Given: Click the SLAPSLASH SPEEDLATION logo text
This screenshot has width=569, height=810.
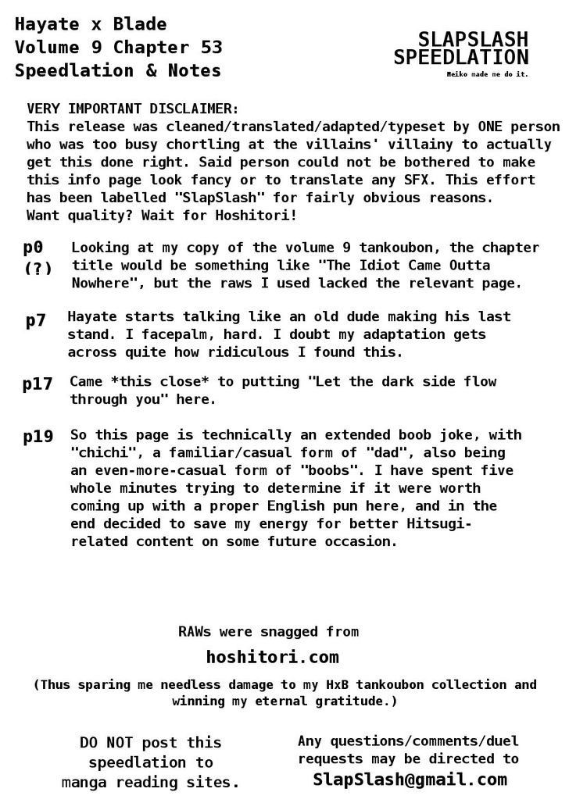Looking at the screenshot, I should [x=461, y=48].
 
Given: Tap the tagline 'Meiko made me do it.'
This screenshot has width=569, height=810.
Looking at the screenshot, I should [x=487, y=74].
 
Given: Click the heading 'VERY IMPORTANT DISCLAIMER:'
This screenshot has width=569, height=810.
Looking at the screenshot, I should [x=133, y=109].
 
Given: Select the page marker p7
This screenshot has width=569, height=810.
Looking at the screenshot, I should [x=36, y=320].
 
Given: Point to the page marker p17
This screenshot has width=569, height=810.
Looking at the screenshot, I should [x=38, y=384].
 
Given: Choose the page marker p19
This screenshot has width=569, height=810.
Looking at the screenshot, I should [x=38, y=437].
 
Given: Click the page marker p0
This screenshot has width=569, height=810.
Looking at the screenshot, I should [x=33, y=248].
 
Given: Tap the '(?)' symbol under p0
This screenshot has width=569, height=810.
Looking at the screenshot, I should [x=38, y=269].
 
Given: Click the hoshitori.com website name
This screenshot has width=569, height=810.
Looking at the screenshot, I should [x=272, y=657].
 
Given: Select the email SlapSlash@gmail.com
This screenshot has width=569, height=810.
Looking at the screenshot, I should [x=410, y=779].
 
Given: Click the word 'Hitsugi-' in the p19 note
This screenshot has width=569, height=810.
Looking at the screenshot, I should [x=435, y=523].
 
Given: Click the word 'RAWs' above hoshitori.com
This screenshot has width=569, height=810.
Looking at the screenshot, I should [x=196, y=631].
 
